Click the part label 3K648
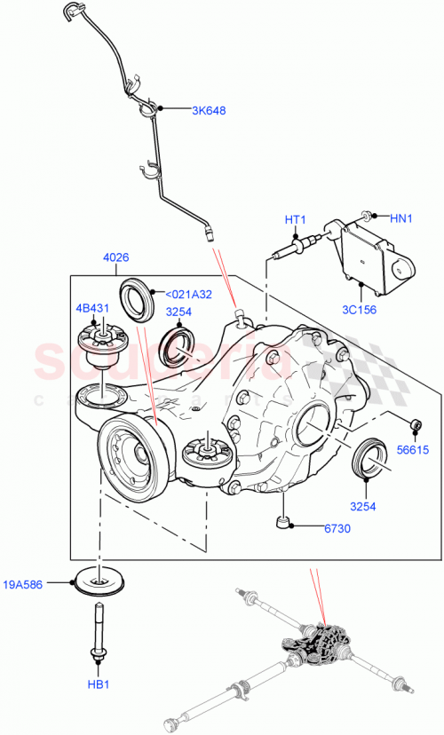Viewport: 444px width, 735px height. [209, 111]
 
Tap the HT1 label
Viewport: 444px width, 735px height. [295, 220]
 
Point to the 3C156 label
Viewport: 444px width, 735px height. [359, 310]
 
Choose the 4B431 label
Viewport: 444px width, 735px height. [91, 309]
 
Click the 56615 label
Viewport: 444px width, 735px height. [413, 450]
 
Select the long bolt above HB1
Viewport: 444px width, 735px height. [95, 631]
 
